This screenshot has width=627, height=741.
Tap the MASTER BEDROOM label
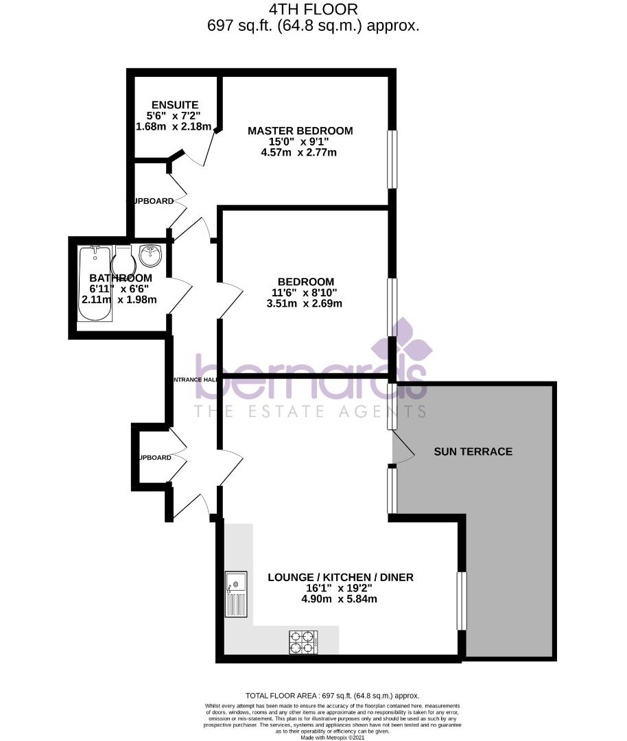tap(300, 130)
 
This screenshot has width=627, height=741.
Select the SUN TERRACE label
tap(473, 451)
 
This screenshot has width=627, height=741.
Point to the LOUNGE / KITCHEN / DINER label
tap(340, 577)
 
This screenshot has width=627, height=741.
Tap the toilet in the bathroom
tap(123, 263)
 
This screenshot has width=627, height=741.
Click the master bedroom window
tap(392, 158)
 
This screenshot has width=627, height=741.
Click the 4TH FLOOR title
tap(313, 10)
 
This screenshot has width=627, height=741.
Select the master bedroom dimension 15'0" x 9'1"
tap(300, 141)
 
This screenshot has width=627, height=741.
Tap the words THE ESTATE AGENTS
tap(309, 411)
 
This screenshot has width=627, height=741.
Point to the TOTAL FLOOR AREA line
tap(332, 695)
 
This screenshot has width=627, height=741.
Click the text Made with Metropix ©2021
tap(333, 738)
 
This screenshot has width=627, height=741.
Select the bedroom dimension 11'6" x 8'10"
tap(305, 293)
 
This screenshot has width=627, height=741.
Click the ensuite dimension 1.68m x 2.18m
tap(174, 126)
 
